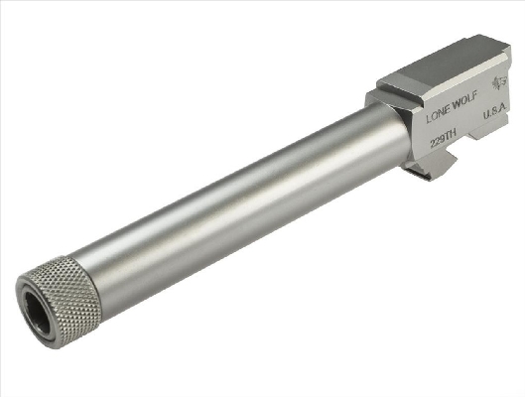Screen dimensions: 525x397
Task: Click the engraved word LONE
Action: pyautogui.click(x=438, y=114)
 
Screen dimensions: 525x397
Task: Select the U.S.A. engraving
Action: pyautogui.click(x=495, y=112)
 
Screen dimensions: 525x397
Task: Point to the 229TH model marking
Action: pyautogui.click(x=443, y=138)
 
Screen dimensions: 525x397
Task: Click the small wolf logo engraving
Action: pyautogui.click(x=500, y=83)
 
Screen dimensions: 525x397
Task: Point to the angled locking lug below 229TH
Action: pyautogui.click(x=432, y=165)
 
